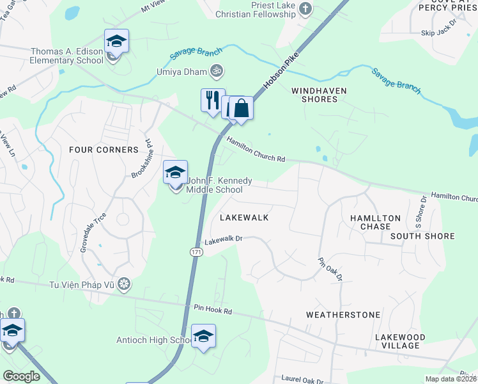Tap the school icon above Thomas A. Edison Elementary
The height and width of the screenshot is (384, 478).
point(116,41)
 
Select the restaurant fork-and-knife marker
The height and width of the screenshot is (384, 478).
point(213,100)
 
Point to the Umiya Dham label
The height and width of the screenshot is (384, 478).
point(182,72)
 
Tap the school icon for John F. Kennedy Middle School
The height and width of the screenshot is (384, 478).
point(175,172)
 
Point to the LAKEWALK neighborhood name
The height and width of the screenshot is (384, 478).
point(243,218)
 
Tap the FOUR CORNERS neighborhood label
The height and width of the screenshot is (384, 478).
point(104,150)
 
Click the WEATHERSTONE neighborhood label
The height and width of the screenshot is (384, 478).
point(343,315)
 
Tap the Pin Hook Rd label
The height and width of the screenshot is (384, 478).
point(213,310)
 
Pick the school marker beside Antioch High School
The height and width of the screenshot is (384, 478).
point(203,336)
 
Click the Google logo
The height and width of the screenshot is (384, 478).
point(21,376)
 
